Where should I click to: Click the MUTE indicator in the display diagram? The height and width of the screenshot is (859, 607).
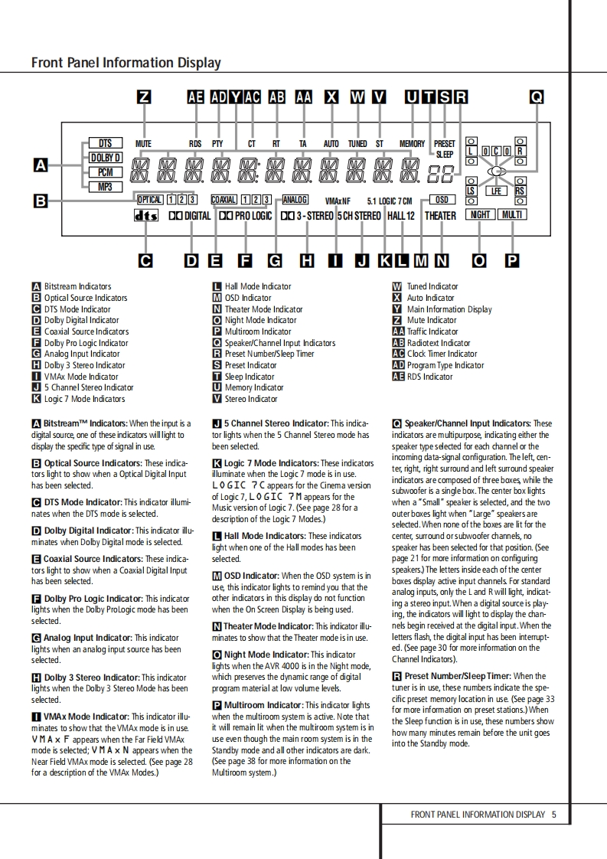143,144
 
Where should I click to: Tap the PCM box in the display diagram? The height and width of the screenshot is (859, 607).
105,173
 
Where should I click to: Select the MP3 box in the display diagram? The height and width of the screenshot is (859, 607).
105,187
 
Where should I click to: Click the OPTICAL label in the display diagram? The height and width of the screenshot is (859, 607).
149,200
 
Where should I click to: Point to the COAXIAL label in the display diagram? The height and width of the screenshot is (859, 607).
224,200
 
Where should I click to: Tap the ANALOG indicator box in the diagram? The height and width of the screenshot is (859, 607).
295,200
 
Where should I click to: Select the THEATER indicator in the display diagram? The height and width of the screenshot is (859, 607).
440,216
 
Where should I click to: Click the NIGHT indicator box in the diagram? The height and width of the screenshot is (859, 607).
480,215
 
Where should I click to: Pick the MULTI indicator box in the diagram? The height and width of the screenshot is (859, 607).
511,215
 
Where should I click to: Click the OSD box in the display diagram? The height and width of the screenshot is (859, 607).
441,200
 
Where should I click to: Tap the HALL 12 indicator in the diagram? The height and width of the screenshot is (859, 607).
400,216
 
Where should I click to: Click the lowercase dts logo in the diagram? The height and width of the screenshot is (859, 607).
145,216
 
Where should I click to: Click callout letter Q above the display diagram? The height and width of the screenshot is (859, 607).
537,97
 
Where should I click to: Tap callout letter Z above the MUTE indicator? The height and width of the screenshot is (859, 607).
143,97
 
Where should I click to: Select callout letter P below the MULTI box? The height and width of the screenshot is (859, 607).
511,261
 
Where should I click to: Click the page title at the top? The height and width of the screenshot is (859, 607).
126,63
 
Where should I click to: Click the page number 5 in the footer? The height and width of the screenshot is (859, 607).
553,815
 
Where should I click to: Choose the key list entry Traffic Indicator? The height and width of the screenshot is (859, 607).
426,332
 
